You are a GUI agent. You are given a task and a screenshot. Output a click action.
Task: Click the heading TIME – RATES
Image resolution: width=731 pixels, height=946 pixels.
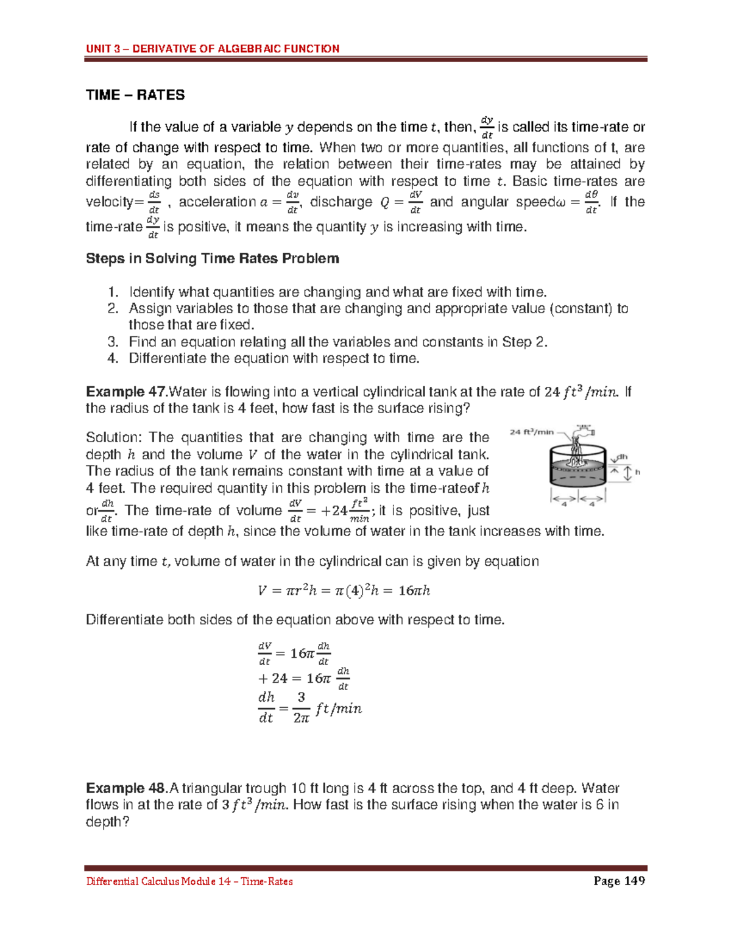135,95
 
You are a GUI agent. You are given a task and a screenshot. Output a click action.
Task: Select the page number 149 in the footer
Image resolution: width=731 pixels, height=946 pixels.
633,881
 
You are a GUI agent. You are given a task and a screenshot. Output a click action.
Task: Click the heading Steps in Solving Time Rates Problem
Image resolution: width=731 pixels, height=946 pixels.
212,259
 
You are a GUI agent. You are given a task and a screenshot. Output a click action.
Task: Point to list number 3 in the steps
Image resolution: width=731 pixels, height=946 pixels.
112,342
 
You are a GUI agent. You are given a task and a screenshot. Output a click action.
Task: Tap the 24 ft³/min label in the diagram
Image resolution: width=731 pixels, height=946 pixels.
531,432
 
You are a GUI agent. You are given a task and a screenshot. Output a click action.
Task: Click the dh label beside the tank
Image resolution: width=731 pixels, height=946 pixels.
622,457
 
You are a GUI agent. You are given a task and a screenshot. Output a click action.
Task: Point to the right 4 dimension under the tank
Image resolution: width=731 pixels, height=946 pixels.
592,502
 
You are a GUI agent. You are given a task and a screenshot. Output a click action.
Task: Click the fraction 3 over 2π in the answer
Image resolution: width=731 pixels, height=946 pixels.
301,708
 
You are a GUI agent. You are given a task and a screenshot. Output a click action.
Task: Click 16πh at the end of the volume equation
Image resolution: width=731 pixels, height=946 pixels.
414,590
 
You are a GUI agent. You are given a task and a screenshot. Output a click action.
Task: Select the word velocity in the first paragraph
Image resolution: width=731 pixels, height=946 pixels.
109,202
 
